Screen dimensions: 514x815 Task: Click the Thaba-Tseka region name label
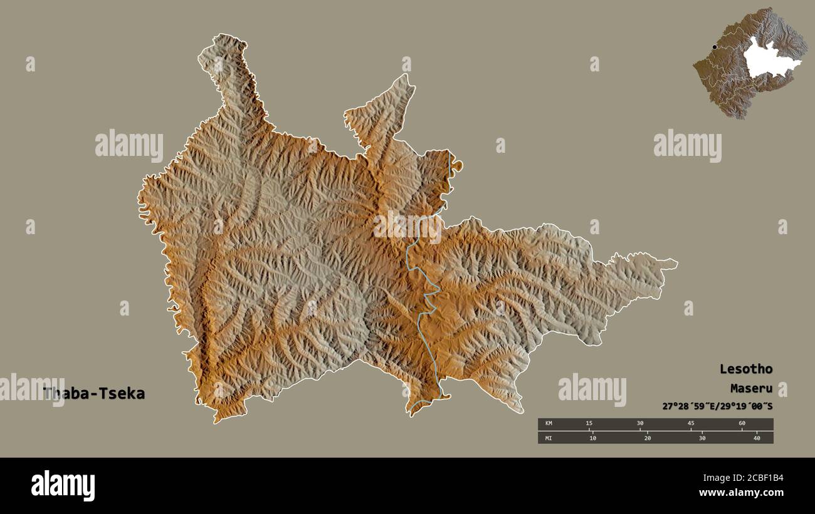[94, 394]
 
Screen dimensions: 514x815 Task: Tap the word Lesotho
[745, 369]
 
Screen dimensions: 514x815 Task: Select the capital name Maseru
[751, 388]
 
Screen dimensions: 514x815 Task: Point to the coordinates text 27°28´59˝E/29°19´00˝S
[717, 406]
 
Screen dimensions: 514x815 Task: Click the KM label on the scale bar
[549, 424]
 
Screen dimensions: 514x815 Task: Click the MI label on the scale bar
[549, 438]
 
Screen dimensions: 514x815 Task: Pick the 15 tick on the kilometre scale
[588, 424]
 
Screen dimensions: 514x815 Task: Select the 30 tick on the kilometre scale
[639, 424]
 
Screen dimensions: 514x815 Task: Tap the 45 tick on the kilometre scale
[690, 424]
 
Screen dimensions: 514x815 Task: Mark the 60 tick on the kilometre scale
[742, 424]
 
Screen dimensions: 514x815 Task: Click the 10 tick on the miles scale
[592, 438]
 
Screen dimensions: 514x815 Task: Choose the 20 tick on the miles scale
[647, 438]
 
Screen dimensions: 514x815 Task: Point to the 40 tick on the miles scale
[757, 438]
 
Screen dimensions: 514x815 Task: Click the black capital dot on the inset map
[714, 47]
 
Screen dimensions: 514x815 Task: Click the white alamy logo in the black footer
[63, 486]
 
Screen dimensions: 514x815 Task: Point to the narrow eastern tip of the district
[671, 263]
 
